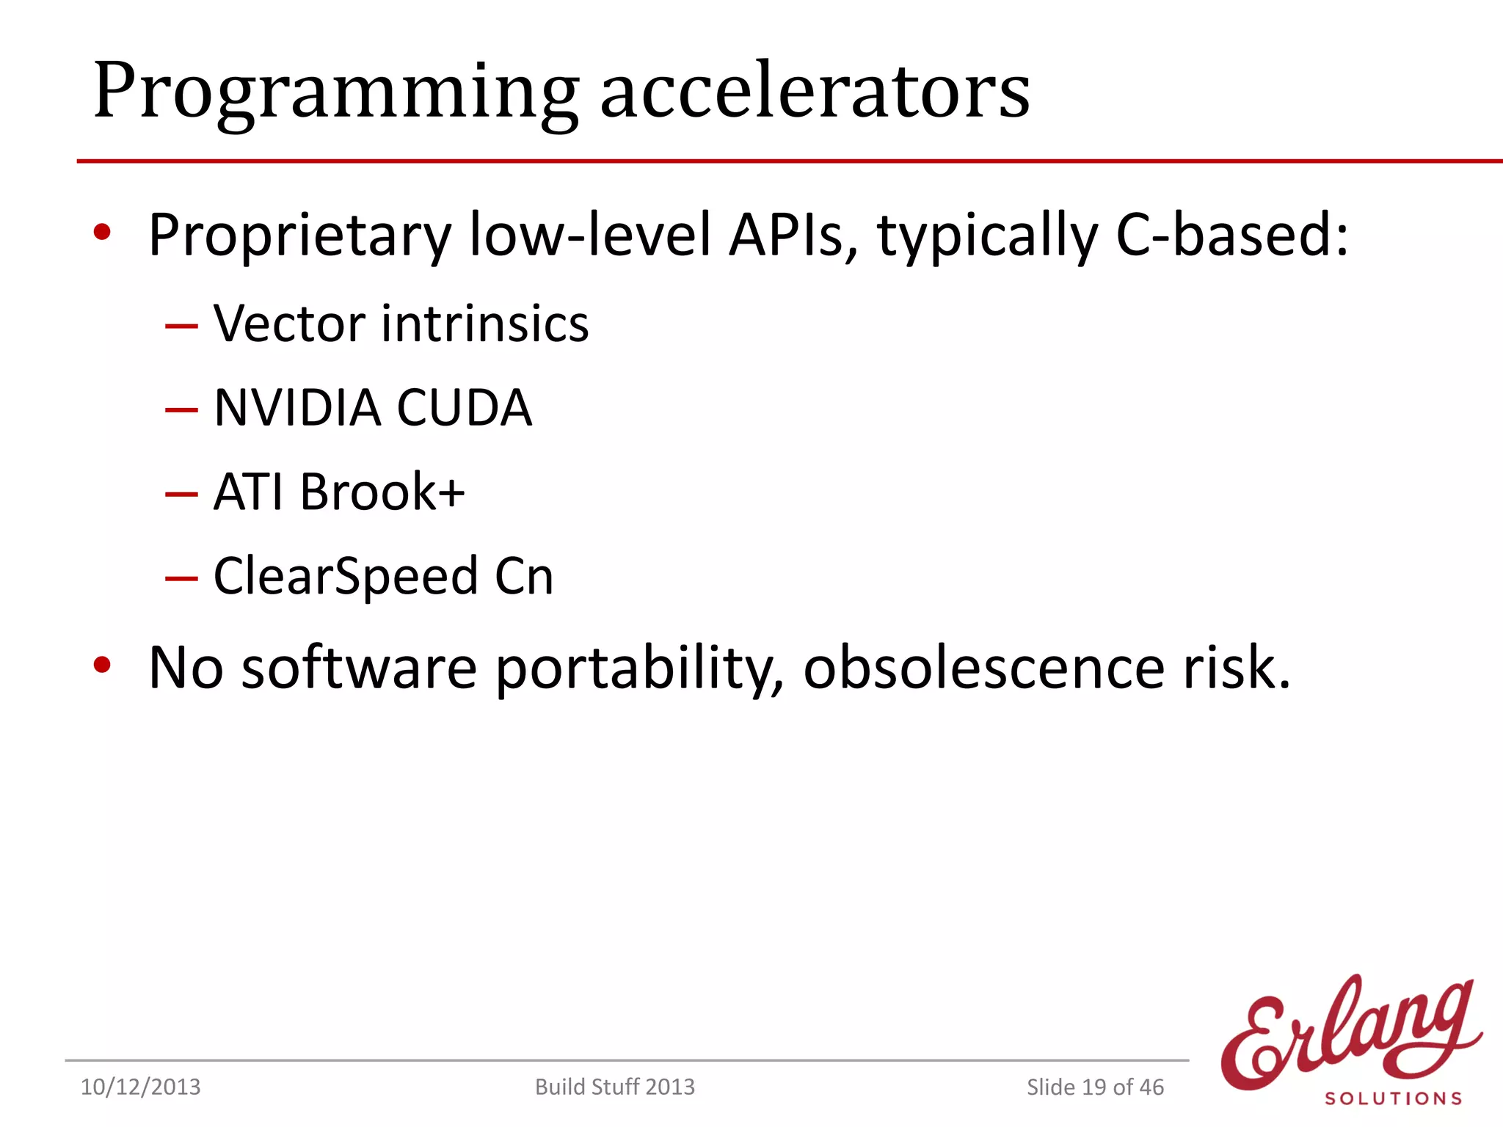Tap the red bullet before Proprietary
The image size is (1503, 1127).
point(102,233)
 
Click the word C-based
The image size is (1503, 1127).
point(1231,235)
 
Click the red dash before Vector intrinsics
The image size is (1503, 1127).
point(181,325)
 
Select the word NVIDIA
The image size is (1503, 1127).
point(297,408)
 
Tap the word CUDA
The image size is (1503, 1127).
point(464,408)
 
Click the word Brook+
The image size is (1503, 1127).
point(382,492)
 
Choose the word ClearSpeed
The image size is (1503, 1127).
point(345,577)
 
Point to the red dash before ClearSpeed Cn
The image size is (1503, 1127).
point(181,578)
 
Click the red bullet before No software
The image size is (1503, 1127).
point(102,665)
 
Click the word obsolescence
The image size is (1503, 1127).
point(983,668)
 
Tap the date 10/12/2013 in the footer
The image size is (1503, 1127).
point(140,1087)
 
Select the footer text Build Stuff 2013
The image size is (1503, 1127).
point(614,1087)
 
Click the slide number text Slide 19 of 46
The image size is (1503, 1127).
point(1094,1087)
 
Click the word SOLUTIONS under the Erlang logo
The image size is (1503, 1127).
point(1393,1098)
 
